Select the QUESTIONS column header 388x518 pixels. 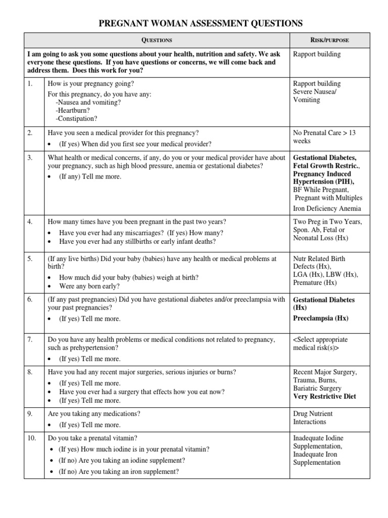(157, 40)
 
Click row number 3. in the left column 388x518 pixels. (30, 158)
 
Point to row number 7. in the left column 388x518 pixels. (30, 339)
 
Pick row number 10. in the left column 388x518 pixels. (31, 438)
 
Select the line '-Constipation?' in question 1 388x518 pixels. (76, 119)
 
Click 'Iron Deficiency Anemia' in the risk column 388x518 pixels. (327, 208)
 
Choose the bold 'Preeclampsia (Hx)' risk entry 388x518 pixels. (321, 318)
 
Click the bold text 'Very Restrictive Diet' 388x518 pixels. (324, 397)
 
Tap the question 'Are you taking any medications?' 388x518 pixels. (94, 414)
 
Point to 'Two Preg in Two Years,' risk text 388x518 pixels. (327, 222)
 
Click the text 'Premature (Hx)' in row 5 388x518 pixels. (315, 283)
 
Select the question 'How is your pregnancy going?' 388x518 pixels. (91, 83)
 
